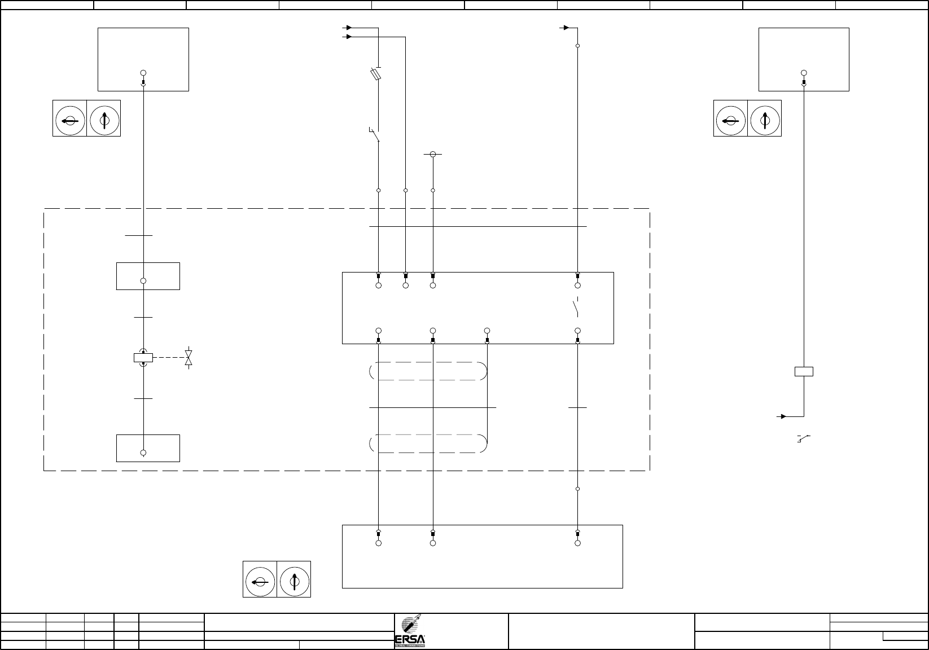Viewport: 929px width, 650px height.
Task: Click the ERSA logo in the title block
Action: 410,631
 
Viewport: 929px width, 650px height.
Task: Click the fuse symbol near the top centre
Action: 375,74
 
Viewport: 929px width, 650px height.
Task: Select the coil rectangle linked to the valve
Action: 143,357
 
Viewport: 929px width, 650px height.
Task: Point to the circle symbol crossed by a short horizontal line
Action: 433,154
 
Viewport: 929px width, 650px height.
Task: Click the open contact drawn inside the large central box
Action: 576,308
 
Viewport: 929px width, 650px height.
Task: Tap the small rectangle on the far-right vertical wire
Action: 804,371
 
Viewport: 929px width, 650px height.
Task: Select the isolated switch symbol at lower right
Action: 804,438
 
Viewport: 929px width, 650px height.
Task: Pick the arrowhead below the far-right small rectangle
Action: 783,416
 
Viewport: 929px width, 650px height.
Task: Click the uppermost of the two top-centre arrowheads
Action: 349,27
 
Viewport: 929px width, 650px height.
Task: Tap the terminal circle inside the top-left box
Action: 143,73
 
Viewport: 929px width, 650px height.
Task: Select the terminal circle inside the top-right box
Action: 804,73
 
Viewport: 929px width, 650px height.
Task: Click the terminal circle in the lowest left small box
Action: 143,453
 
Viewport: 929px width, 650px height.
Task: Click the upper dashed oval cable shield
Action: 429,371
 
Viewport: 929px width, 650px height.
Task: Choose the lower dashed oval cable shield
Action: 429,443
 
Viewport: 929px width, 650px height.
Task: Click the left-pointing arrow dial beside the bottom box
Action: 260,579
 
